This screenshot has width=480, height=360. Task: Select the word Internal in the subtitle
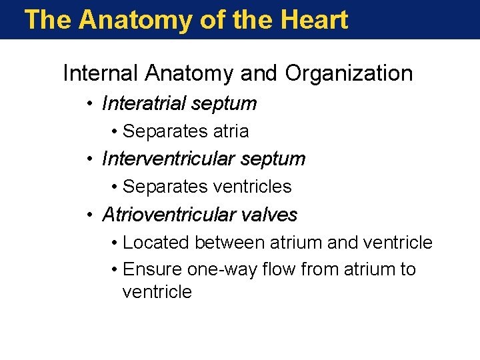click(100, 73)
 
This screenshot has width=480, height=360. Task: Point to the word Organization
click(349, 73)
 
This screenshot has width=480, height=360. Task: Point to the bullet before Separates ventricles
click(115, 187)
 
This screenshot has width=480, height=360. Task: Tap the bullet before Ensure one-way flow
click(115, 270)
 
